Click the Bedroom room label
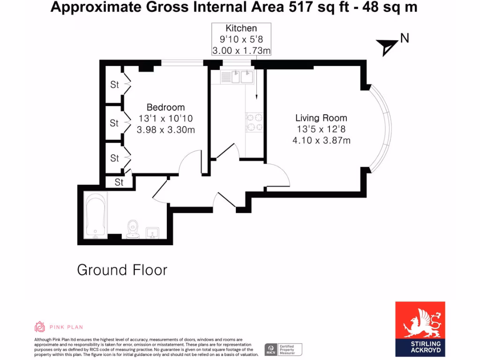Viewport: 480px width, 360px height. coord(165,107)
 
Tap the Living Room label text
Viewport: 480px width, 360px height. coord(321,118)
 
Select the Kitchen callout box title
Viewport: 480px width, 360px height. coord(241,29)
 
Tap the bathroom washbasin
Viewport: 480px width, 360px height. coord(153,232)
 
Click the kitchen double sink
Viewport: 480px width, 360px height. coord(238,76)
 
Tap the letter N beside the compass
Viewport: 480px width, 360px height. coord(404,38)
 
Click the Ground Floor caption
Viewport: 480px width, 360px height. coord(122,270)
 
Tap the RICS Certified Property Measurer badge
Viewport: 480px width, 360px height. coord(283,349)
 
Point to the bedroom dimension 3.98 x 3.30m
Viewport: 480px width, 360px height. coord(165,130)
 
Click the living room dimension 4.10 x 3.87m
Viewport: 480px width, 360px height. coord(321,140)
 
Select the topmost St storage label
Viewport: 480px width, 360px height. coord(115,85)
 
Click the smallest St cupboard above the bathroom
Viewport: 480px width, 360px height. coord(119,182)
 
